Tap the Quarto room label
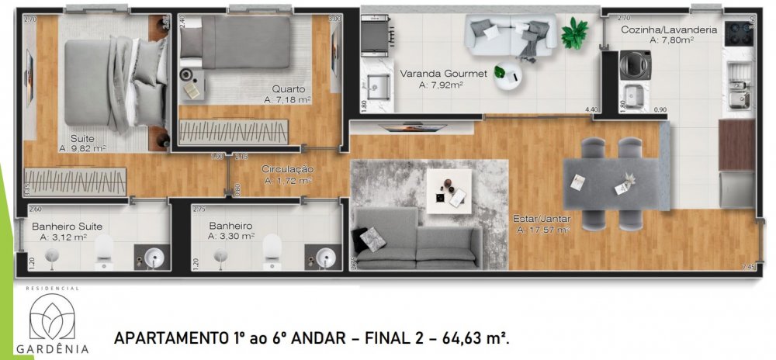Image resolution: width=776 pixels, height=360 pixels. [x=288, y=89]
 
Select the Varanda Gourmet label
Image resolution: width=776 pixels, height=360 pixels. [x=443, y=74]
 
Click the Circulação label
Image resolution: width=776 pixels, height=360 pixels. [x=287, y=168]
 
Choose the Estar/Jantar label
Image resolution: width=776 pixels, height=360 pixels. [x=541, y=220]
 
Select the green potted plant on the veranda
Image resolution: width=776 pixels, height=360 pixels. [x=575, y=33]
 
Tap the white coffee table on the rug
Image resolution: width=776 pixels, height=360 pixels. [x=449, y=188]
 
